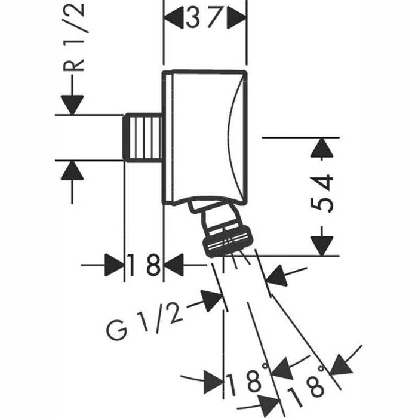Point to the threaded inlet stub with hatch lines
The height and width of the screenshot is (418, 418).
[x=144, y=137]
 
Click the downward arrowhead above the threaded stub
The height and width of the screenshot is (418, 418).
[x=72, y=104]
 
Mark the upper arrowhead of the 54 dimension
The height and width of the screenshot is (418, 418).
[x=322, y=147]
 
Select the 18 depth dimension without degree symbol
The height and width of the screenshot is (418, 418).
[x=144, y=265]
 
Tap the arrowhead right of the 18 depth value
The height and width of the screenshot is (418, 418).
[x=174, y=265]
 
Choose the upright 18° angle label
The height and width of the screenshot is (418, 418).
[x=246, y=380]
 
